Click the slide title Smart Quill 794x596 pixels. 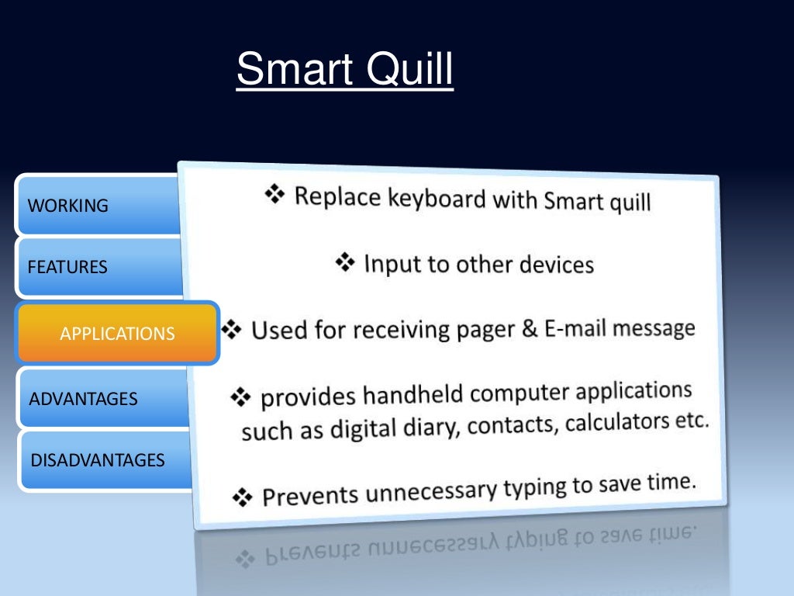[344, 70]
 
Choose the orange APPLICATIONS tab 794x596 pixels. [118, 334]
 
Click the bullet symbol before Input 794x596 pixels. [346, 263]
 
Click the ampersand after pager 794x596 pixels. [530, 328]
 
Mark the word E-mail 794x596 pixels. [575, 328]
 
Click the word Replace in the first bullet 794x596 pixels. [337, 196]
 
